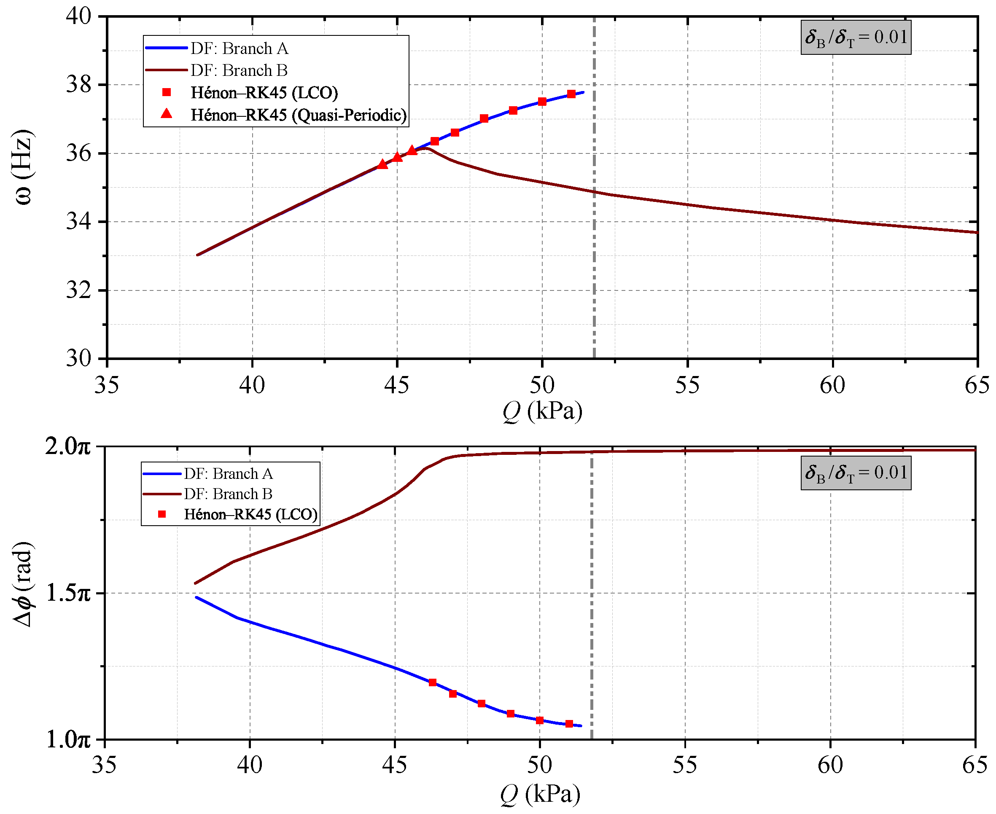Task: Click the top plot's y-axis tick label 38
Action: coord(79,85)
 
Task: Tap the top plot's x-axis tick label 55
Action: coord(687,385)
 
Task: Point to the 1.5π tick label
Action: coord(68,593)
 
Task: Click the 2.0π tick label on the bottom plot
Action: coord(67,446)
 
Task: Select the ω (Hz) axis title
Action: coord(24,167)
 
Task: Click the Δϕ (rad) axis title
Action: coord(22,584)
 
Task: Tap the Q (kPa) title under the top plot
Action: coord(543,412)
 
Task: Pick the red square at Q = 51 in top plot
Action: coord(571,94)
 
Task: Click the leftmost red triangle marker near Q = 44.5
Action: coord(382,164)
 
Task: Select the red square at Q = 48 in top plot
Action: coord(485,118)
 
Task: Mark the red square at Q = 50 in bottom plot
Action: coord(540,720)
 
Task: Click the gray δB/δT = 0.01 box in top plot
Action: coord(856,37)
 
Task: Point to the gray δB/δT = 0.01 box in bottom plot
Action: coord(856,473)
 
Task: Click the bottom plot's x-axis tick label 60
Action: coord(830,765)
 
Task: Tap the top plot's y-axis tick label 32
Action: coord(79,290)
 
